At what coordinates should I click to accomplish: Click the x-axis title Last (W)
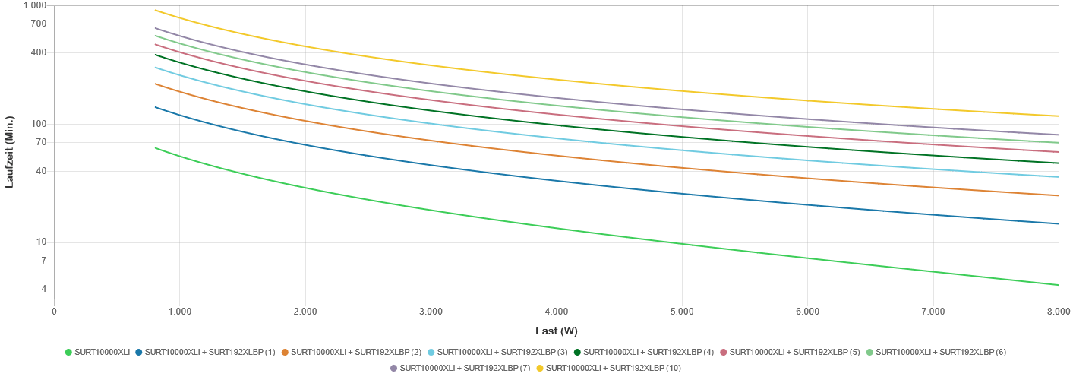(x=557, y=331)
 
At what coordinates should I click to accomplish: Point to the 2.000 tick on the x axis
(x=305, y=311)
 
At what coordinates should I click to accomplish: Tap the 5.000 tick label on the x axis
(x=681, y=311)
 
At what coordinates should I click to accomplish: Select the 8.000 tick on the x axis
(x=1058, y=311)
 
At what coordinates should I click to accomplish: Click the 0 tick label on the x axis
(x=54, y=311)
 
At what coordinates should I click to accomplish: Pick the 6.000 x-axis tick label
(x=807, y=311)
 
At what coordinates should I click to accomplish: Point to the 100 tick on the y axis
(x=40, y=123)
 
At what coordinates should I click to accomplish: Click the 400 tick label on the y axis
(x=40, y=52)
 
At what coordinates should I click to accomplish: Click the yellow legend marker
(x=541, y=368)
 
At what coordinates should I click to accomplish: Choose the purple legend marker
(x=393, y=368)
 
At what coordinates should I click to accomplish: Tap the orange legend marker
(x=285, y=352)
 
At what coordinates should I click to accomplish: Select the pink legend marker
(x=724, y=352)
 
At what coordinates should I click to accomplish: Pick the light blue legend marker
(x=431, y=352)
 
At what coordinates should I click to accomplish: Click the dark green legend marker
(x=577, y=352)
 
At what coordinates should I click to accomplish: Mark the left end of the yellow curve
(x=155, y=10)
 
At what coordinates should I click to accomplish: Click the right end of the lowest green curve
(x=1058, y=285)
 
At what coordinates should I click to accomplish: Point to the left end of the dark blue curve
(x=155, y=106)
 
